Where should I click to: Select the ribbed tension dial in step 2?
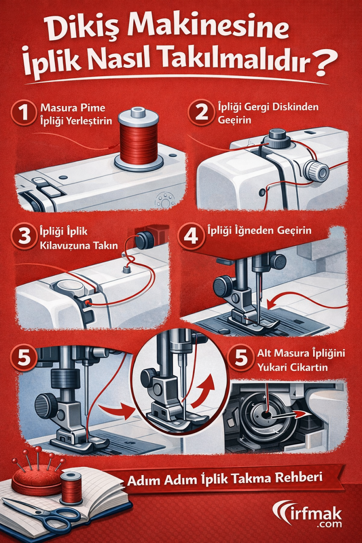click(316, 171)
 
